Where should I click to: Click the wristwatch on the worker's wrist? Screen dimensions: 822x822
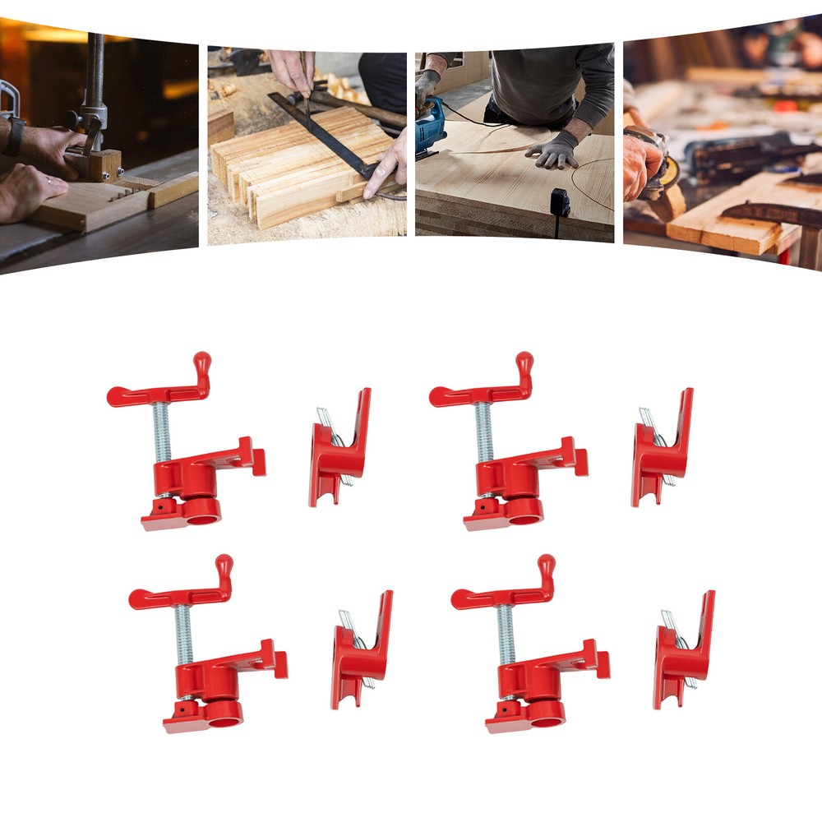(x=13, y=136)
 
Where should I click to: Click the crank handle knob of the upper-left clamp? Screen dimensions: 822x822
(x=202, y=363)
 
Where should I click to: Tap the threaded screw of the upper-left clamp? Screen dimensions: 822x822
(x=162, y=432)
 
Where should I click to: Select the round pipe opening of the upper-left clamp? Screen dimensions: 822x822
(x=202, y=511)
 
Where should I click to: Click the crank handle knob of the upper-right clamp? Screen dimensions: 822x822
(x=524, y=363)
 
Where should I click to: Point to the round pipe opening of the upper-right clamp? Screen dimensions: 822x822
(x=524, y=511)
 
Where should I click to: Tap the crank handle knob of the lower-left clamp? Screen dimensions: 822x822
(x=224, y=566)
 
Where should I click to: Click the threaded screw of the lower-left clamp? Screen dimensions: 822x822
(x=184, y=635)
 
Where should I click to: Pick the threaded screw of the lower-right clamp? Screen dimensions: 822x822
(x=506, y=635)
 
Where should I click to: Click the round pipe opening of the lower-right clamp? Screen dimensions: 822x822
(x=547, y=713)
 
